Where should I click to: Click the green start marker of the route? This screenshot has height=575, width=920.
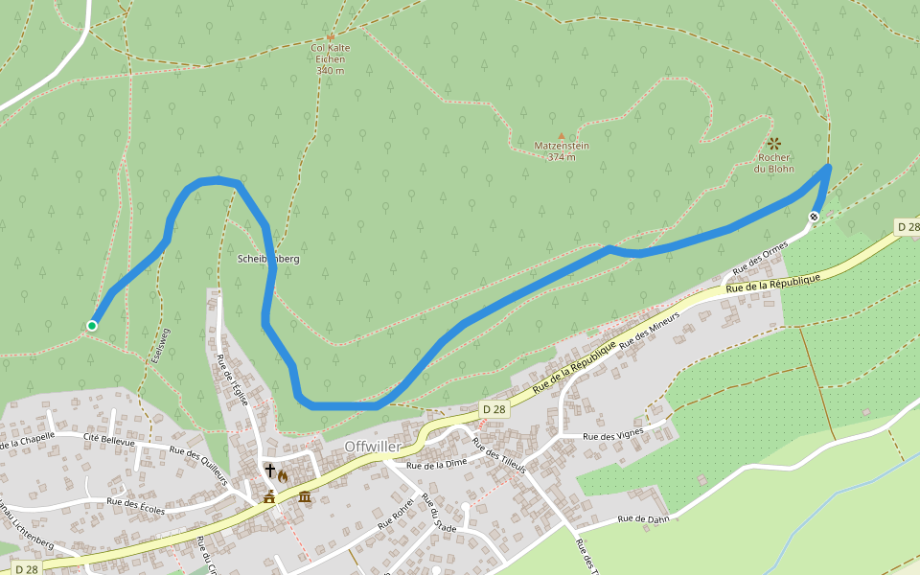92,326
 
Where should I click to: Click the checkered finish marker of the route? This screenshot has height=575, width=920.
814,217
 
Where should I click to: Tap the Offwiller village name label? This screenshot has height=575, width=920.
377,447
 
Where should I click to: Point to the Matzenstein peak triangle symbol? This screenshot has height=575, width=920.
561,135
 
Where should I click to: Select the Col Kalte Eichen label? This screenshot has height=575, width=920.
330,58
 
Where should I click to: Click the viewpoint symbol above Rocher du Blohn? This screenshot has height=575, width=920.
773,143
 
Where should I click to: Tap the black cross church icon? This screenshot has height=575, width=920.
271,471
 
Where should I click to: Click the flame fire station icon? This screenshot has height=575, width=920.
284,476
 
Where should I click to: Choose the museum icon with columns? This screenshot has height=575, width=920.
305,495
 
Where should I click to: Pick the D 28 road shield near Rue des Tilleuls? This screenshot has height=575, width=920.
493,409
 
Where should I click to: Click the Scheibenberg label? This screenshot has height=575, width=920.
268,259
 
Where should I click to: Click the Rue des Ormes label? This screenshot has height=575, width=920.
760,256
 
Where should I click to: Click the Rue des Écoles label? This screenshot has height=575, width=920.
135,505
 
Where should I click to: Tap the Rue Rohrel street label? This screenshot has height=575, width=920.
396,514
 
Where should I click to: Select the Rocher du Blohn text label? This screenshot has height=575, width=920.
773,163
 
